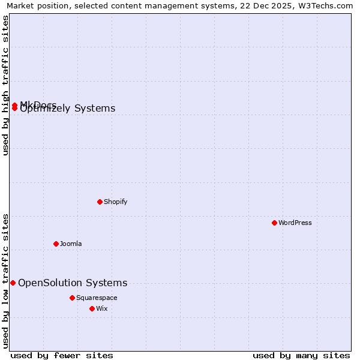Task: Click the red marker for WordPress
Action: coord(274,223)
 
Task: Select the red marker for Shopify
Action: coord(100,202)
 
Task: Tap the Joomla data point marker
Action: coord(56,244)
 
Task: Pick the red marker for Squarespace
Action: coord(72,298)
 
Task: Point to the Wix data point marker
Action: coord(92,308)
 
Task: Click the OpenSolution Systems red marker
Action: coord(13,283)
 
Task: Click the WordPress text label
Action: coord(295,223)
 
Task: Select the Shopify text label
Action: coord(115,202)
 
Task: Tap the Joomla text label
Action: coord(71,244)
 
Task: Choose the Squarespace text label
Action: coord(97,298)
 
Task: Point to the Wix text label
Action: coord(101,308)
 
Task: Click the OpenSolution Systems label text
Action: coord(73,283)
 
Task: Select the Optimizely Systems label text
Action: coord(68,109)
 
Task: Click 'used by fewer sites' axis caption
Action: coord(62,355)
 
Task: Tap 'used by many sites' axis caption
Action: coord(301,355)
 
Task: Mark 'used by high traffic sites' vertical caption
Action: coord(5,85)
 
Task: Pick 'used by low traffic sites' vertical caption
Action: coord(5,280)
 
